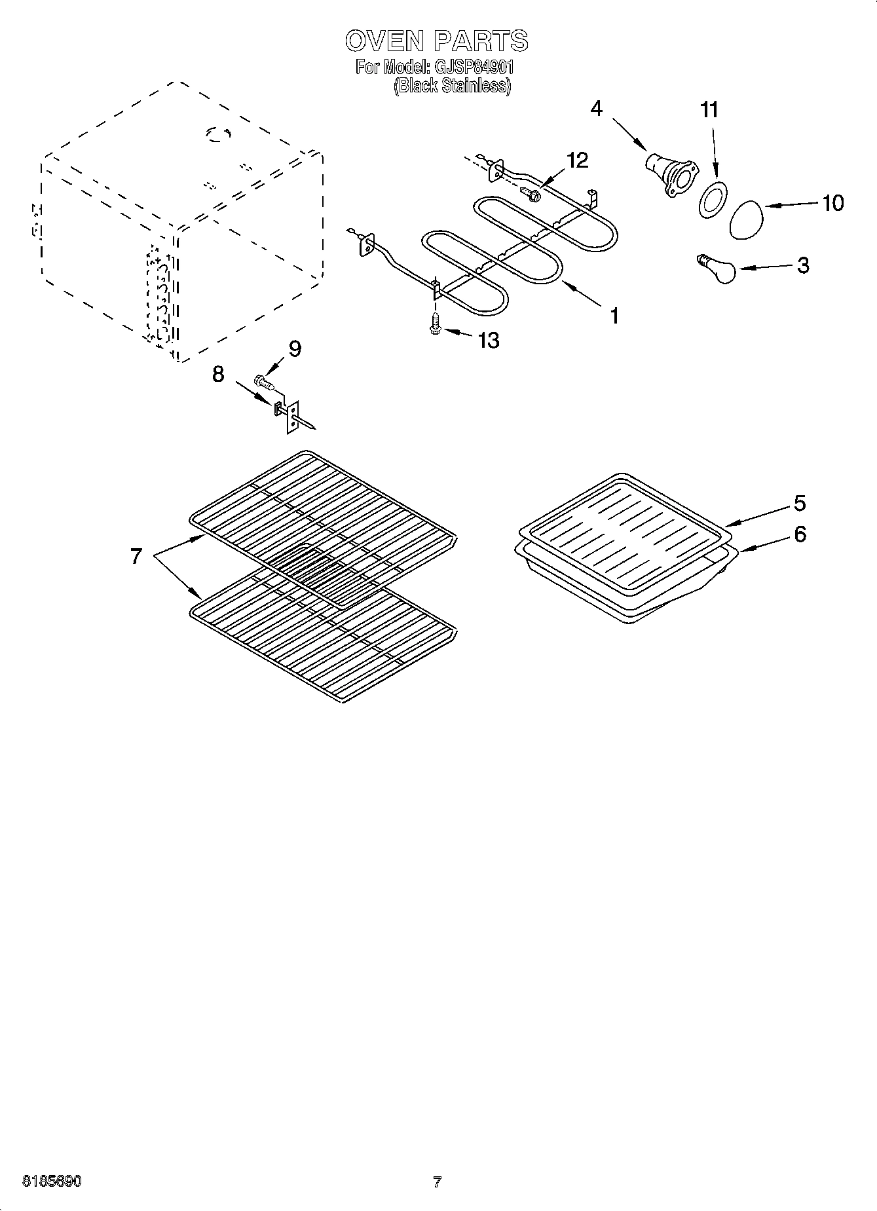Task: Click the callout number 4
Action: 596,109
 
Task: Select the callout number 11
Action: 709,110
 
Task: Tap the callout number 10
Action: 832,203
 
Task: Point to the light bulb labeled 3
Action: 718,269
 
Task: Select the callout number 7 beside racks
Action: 136,557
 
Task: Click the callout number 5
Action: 800,503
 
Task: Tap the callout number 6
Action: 800,534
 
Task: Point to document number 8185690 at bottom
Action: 52,1182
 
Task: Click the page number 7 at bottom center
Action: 438,1182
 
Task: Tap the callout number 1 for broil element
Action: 614,316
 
